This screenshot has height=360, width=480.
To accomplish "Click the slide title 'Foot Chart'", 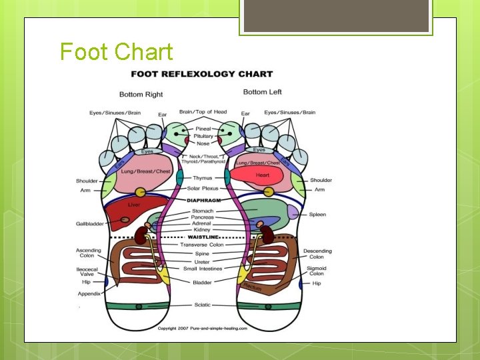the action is click(x=117, y=52).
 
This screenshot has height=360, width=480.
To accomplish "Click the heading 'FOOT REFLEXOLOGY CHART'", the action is click(x=201, y=74).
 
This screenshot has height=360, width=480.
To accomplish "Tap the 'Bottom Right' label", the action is click(x=141, y=94).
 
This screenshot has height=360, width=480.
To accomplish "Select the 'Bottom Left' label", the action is click(x=263, y=92).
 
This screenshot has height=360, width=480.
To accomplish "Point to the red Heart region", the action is click(x=262, y=175).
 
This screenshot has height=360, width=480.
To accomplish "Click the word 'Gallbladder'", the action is click(x=89, y=224).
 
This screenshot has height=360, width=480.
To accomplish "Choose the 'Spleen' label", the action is click(x=317, y=215).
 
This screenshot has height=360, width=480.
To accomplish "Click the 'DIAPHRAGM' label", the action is click(x=203, y=200).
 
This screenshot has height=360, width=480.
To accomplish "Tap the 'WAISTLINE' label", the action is click(x=203, y=237).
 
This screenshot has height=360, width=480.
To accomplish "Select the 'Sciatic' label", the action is click(x=202, y=305).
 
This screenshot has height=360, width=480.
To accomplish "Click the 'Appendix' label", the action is click(x=89, y=293).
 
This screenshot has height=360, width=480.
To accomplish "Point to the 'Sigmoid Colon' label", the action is click(x=316, y=271).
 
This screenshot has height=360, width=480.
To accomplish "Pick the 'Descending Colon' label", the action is click(x=317, y=254).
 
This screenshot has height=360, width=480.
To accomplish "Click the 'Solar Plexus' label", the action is click(x=203, y=189).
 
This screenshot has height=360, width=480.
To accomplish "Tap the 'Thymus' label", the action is click(x=202, y=178).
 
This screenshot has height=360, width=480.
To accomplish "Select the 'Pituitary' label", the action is click(x=203, y=136).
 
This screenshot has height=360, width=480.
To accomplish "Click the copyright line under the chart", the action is click(x=202, y=329).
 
